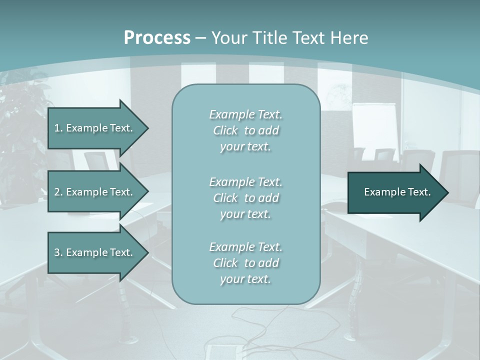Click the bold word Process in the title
pos(157,38)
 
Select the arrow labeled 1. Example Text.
pos(95,128)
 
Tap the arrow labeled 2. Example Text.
pos(95,192)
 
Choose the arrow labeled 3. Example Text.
pos(95,252)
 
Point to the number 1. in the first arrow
pos(58,128)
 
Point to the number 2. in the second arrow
pos(58,192)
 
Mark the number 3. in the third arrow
pos(58,252)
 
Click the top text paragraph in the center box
pos(245,130)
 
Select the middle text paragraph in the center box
pos(245,198)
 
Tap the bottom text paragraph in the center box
pos(245,263)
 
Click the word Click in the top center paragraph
pos(225,130)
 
